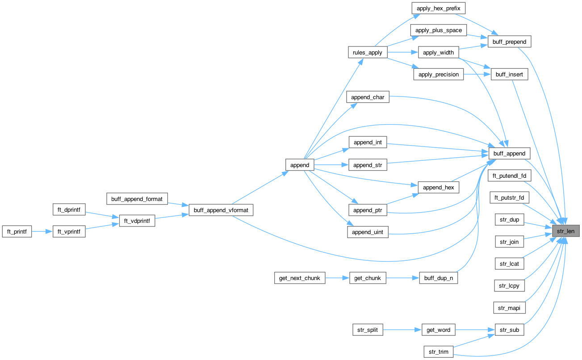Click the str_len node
click(x=566, y=231)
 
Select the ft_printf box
click(x=17, y=231)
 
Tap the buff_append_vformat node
click(x=221, y=209)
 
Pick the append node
click(x=300, y=165)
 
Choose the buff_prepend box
click(x=509, y=42)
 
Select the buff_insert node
click(x=509, y=75)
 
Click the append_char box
click(x=368, y=97)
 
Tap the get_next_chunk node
click(x=300, y=278)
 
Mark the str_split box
click(x=368, y=330)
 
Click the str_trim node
click(x=438, y=352)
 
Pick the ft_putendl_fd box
click(x=509, y=176)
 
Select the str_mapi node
click(x=509, y=308)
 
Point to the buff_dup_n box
click(x=438, y=278)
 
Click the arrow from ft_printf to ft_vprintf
click(x=42, y=231)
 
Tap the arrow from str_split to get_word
click(x=402, y=330)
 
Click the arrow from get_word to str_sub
click(x=476, y=330)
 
